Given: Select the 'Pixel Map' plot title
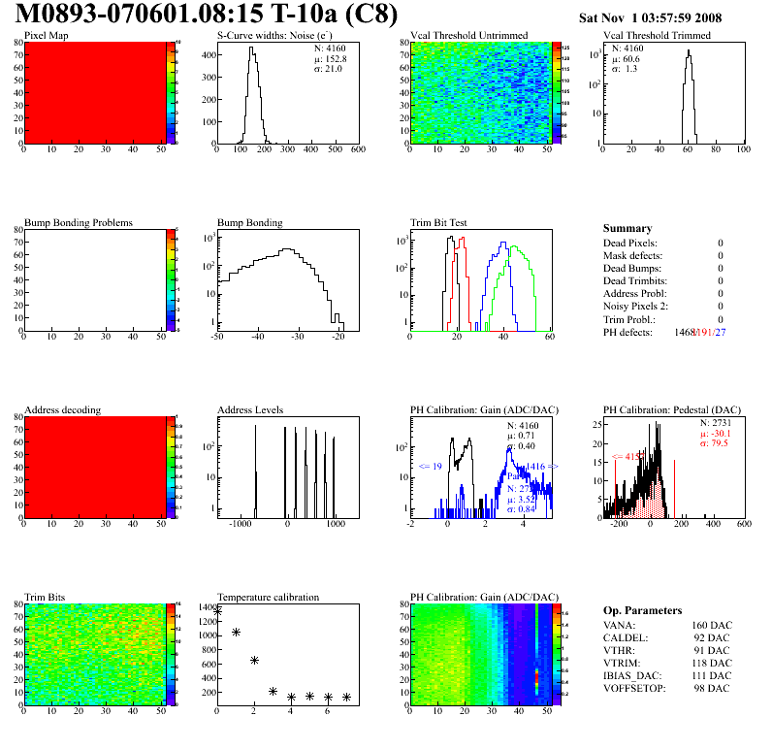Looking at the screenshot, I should click(47, 36).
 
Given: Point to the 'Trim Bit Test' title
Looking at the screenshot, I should click(439, 222).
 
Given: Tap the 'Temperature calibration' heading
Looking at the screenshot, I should click(268, 597).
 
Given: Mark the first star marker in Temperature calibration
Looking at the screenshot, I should click(218, 611).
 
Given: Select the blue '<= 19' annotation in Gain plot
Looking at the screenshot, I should click(431, 467).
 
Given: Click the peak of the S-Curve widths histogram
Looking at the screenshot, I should click(252, 49).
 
